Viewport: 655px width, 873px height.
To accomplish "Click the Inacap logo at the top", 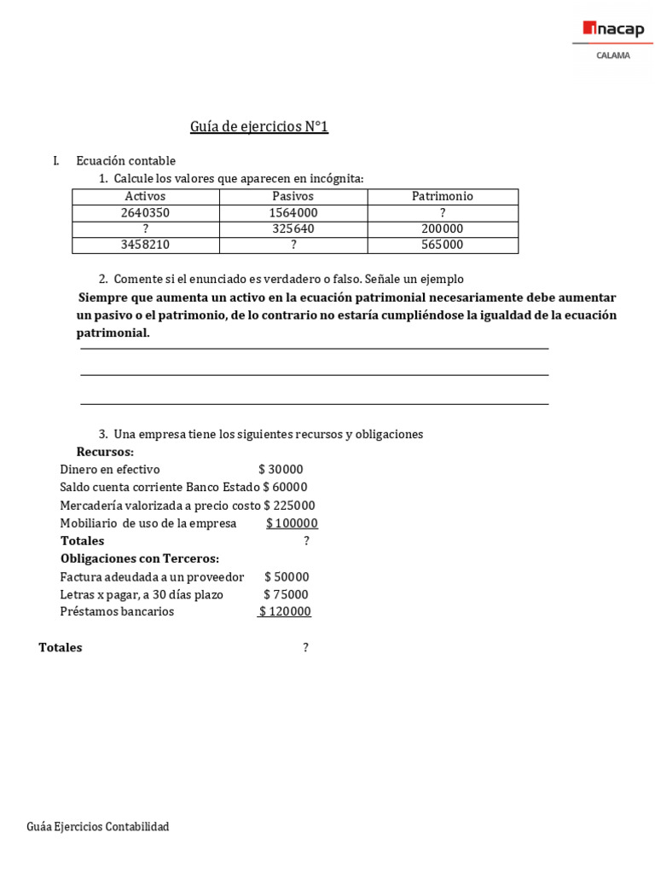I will (614, 31).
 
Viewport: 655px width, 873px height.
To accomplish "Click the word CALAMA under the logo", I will (613, 55).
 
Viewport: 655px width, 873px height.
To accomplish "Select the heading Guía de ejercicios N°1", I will (258, 127).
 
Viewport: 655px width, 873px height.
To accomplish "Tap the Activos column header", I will (145, 196).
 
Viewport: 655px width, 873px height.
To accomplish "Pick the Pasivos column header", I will (293, 196).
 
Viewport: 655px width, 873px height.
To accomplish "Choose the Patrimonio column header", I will (442, 196).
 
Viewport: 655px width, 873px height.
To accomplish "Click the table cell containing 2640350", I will (145, 212).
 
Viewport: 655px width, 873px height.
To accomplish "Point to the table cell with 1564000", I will (293, 212).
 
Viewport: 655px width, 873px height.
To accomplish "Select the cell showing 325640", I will (293, 228).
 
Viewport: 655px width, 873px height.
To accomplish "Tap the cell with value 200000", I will (442, 228).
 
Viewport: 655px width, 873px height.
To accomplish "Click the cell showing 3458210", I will (145, 245).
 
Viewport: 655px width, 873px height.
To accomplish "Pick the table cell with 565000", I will (442, 245).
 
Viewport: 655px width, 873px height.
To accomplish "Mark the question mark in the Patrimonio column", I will (442, 212).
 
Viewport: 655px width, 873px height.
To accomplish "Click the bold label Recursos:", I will (105, 452).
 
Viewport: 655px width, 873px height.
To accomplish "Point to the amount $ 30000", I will (281, 470).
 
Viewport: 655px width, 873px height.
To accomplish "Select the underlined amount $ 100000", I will (292, 523).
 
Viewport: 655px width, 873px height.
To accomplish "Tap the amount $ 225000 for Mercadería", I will (289, 506).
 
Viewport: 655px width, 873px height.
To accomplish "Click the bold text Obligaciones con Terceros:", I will (139, 559).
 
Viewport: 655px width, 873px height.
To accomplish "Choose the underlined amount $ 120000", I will (285, 612).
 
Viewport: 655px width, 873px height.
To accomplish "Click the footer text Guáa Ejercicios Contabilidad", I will (98, 827).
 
